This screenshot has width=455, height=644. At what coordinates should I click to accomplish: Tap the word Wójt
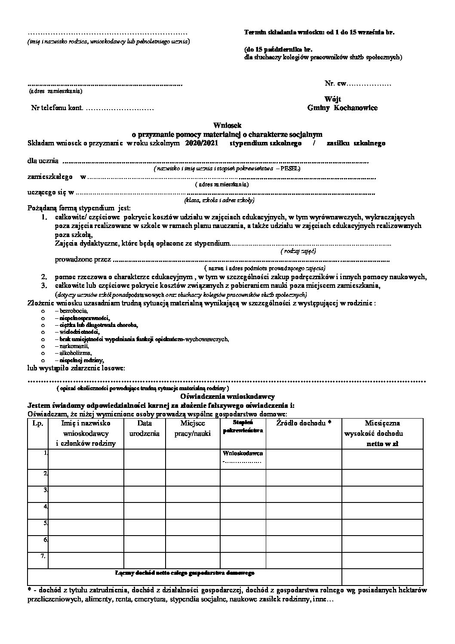click(332, 99)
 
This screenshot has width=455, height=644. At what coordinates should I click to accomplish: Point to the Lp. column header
click(37, 423)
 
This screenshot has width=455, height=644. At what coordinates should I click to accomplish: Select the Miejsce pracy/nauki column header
click(192, 428)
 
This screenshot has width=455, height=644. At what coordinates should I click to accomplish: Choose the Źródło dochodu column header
click(304, 423)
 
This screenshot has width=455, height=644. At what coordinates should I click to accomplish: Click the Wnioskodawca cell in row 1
click(243, 453)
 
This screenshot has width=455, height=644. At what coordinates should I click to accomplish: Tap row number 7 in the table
click(43, 556)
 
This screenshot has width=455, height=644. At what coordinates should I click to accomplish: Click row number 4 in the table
click(44, 505)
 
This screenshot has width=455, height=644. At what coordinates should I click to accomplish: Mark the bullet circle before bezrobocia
click(43, 311)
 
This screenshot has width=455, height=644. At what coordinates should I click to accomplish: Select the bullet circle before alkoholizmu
click(43, 353)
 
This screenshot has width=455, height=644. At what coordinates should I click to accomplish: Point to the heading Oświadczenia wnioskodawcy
click(227, 397)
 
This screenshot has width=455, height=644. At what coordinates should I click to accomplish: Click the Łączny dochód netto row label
click(185, 573)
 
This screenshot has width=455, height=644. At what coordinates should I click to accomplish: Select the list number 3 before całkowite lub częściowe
click(44, 286)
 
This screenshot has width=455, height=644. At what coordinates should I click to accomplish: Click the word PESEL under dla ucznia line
click(290, 169)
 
